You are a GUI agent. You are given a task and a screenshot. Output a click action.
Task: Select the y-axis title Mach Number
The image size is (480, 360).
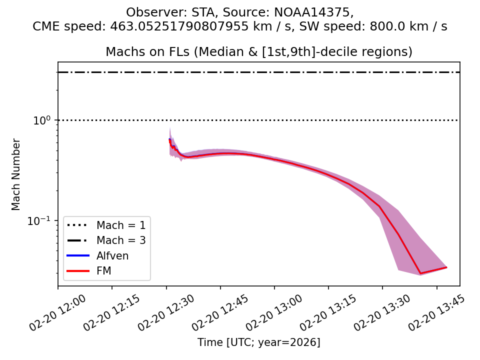click(x=16, y=174)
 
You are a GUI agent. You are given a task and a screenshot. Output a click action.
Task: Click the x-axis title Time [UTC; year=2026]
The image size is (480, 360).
click(x=258, y=342)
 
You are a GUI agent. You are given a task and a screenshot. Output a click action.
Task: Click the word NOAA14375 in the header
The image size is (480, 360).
click(x=313, y=12)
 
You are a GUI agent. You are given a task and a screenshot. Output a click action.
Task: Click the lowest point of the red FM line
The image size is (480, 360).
click(x=420, y=273)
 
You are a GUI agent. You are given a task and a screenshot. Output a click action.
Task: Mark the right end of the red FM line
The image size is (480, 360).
click(x=446, y=267)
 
